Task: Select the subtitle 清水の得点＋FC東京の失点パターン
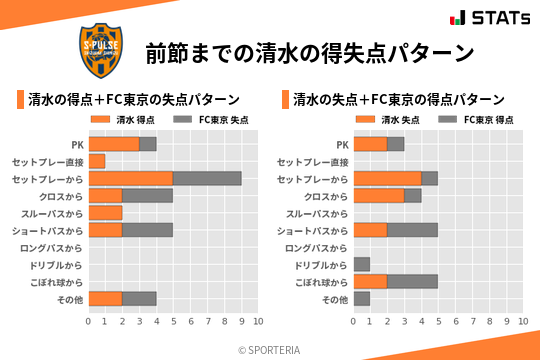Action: point(132,99)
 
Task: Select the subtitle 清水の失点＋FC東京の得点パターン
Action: point(398,99)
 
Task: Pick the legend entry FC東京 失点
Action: point(213,120)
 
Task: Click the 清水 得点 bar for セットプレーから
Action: point(130,178)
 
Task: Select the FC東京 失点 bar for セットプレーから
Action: point(207,178)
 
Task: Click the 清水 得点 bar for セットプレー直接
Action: point(97,161)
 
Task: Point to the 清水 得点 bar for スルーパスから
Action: point(105,213)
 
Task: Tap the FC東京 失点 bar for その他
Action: point(139,299)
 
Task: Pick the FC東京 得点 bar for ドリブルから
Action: point(362,264)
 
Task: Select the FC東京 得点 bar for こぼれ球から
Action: point(412,281)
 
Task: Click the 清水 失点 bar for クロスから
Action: point(379,195)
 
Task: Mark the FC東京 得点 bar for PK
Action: point(396,144)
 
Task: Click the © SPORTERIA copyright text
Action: point(270,349)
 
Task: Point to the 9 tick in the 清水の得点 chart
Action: point(241,321)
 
